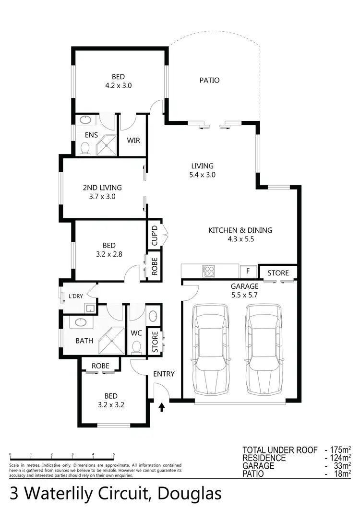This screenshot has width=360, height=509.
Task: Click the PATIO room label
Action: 209,80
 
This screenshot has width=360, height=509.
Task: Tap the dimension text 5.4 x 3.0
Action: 202,175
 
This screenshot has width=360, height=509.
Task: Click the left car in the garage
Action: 210,348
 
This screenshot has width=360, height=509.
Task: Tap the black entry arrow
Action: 161,407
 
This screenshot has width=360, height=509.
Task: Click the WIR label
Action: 133,141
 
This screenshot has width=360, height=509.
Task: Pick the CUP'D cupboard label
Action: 154,236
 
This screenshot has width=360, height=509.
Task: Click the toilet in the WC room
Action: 137,347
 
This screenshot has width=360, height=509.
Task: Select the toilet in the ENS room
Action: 85,150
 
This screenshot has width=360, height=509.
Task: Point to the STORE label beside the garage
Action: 278,273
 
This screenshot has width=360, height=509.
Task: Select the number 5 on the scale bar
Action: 114,454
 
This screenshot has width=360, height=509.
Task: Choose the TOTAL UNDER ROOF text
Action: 280,450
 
